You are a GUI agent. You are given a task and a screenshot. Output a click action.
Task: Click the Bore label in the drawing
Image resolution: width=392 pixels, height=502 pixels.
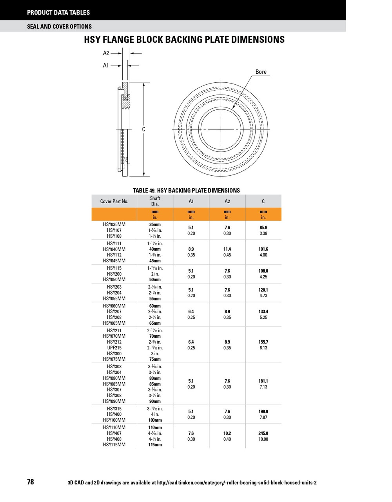pyautogui.click(x=261, y=72)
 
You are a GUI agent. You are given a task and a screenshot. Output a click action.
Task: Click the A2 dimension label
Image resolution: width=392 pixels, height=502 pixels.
pyautogui.click(x=106, y=53)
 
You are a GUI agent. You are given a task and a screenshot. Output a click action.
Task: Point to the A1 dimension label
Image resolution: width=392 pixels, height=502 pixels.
pyautogui.click(x=106, y=65)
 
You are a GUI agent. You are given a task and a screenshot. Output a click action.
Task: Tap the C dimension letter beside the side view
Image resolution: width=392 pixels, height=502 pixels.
pyautogui.click(x=144, y=129)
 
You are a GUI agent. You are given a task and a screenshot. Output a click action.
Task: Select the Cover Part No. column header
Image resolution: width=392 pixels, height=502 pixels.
pyautogui.click(x=114, y=201)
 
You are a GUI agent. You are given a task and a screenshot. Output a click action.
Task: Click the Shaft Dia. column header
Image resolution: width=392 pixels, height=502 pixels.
pyautogui.click(x=155, y=201)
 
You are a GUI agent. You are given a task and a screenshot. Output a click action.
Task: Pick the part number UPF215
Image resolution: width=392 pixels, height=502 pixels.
pyautogui.click(x=114, y=348)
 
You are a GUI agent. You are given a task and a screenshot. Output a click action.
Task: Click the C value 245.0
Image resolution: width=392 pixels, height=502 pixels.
pyautogui.click(x=263, y=433)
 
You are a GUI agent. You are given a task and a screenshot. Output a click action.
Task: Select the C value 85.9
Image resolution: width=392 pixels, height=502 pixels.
pyautogui.click(x=263, y=227)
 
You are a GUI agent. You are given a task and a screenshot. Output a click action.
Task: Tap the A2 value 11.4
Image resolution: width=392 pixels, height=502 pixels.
pyautogui.click(x=227, y=249)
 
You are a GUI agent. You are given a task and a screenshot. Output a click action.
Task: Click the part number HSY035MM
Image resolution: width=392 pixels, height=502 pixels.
pyautogui.click(x=114, y=225)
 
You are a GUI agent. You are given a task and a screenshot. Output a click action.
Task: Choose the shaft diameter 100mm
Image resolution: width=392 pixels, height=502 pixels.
pyautogui.click(x=155, y=420)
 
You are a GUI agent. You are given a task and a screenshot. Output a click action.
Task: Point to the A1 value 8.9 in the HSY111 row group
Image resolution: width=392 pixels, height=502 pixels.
pyautogui.click(x=191, y=249)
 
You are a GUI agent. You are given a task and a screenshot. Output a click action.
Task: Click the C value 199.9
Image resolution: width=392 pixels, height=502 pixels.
pyautogui.click(x=263, y=412)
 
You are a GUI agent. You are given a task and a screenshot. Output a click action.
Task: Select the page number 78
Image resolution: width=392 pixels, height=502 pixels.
pyautogui.click(x=31, y=482)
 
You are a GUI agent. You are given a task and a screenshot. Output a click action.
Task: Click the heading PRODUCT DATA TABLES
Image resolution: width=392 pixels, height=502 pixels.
pyautogui.click(x=58, y=13)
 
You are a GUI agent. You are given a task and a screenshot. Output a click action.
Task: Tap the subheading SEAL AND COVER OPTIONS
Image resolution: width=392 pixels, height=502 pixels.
pyautogui.click(x=59, y=27)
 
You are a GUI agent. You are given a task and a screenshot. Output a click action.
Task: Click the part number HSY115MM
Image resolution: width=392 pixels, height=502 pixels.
pyautogui.click(x=114, y=445)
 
